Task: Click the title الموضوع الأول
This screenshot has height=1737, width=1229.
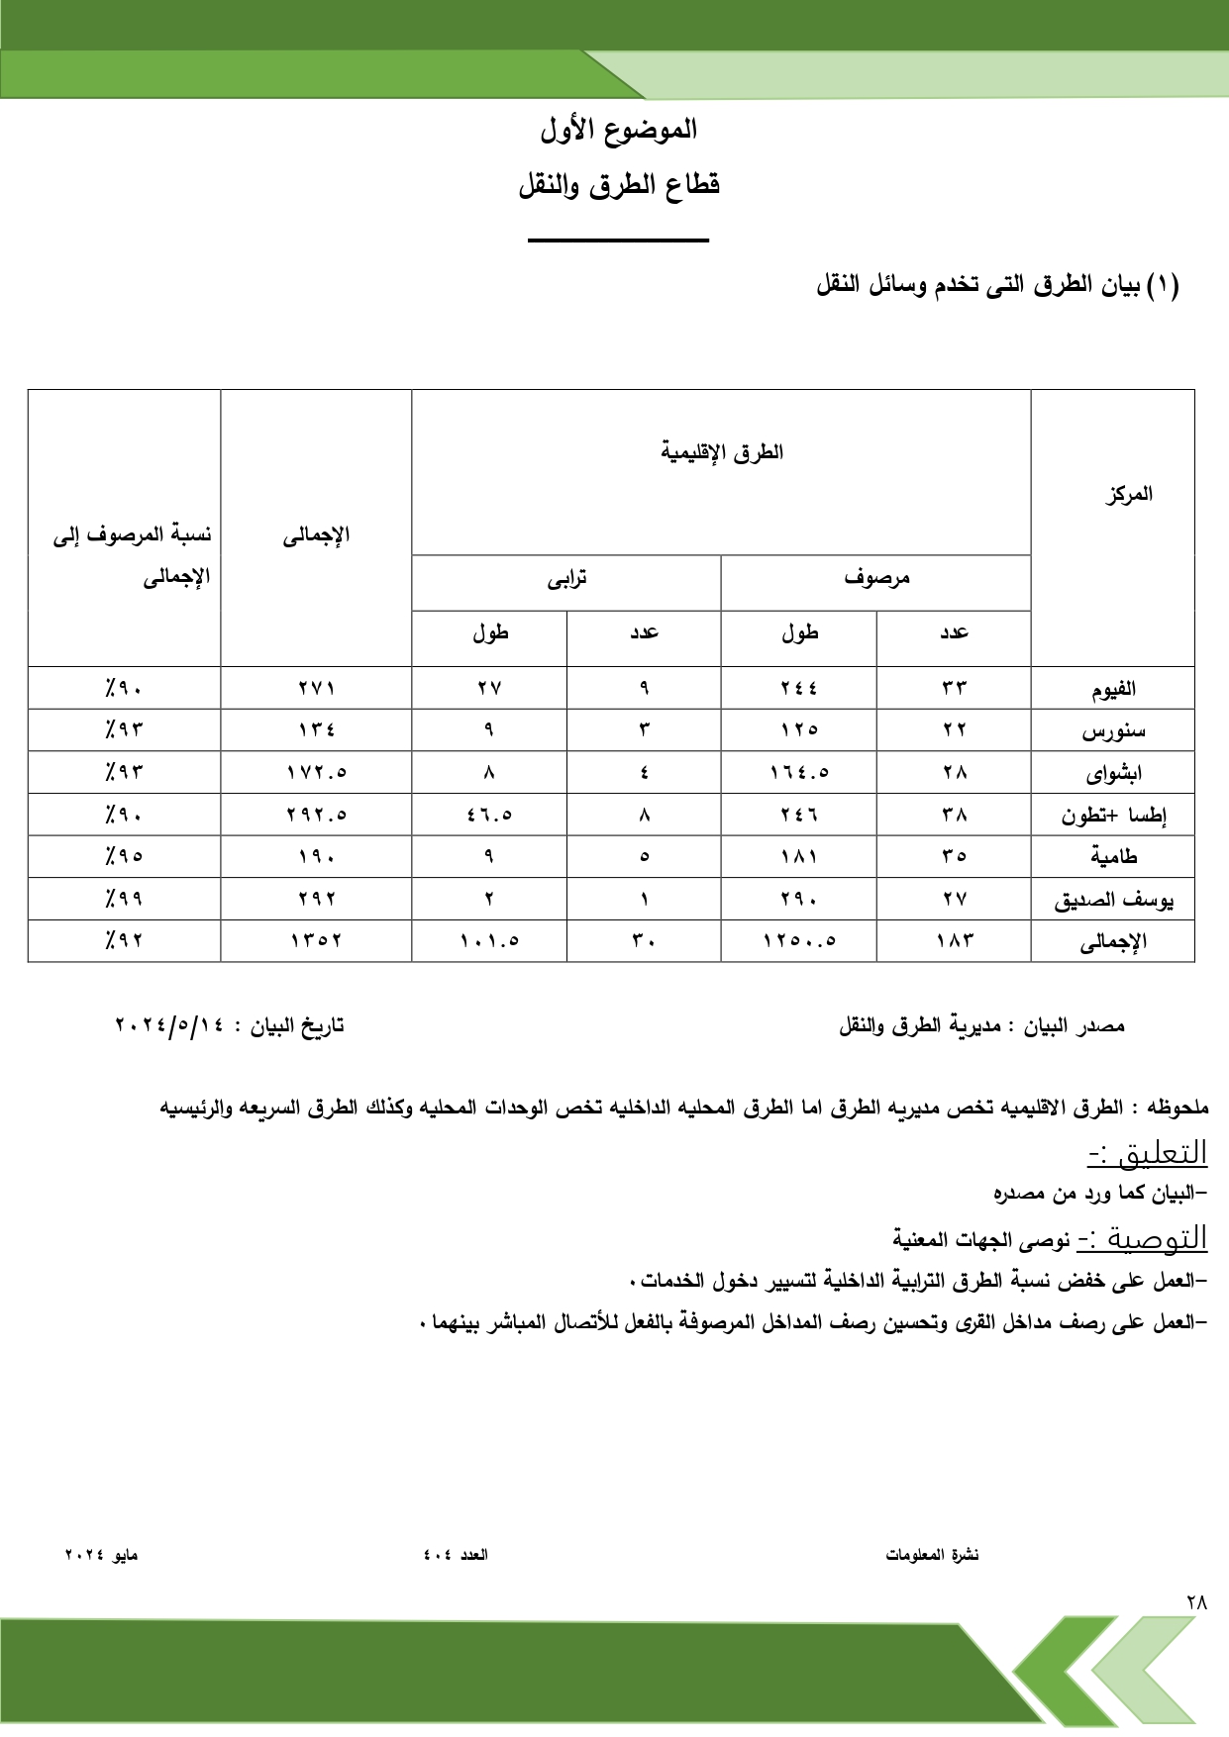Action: pos(618,130)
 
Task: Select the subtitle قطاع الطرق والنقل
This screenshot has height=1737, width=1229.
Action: pos(619,185)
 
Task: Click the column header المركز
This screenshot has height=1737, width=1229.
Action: pos(1129,494)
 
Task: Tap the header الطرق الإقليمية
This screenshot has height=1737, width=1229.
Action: pos(722,453)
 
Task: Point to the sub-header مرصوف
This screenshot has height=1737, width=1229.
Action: pos(876,578)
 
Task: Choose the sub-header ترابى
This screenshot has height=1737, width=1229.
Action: pos(566,578)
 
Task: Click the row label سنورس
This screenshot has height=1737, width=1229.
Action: pos(1113,730)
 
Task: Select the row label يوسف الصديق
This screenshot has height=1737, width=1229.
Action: pos(1113,900)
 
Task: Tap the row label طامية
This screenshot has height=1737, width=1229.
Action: pos(1114,856)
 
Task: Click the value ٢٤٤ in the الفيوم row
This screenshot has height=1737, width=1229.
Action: pos(798,688)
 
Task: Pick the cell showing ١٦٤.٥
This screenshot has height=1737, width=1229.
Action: pos(798,773)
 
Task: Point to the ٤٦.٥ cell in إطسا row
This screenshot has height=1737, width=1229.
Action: pos(489,816)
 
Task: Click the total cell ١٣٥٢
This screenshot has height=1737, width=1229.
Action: pos(316,941)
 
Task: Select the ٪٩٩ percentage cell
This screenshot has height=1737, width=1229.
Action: pos(125,899)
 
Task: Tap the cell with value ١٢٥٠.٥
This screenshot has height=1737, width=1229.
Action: pos(798,941)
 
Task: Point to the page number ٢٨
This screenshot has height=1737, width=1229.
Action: pos(1196,1601)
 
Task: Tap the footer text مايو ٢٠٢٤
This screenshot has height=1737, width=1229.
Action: pos(101,1555)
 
